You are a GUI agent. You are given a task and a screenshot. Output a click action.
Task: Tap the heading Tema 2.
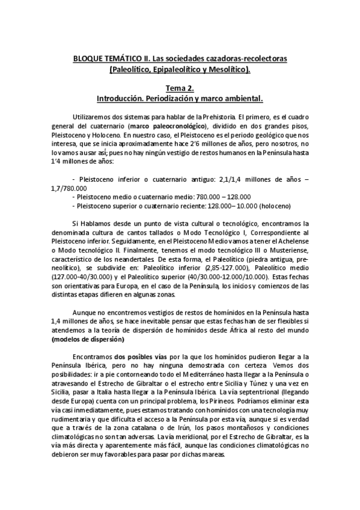point(180,87)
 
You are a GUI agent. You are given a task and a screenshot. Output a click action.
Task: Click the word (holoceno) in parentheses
point(273,205)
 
